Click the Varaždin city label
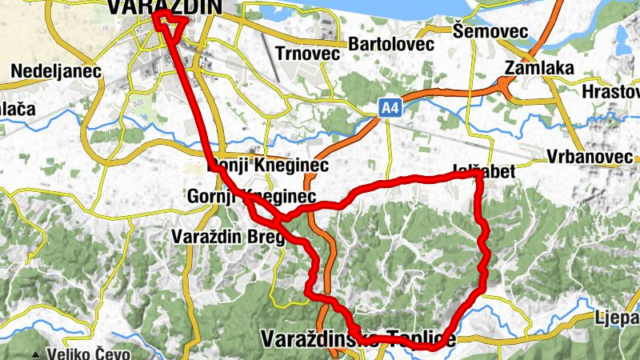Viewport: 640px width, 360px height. click(x=163, y=6)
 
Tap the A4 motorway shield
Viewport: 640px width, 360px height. click(x=390, y=106)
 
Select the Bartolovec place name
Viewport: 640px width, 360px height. click(x=391, y=44)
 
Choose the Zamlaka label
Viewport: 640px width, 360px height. click(x=539, y=68)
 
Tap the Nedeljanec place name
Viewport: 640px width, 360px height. click(x=56, y=71)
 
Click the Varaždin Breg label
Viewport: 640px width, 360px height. click(x=227, y=237)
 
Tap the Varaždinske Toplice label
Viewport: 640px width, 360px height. click(x=358, y=339)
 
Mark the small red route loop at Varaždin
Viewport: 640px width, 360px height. click(x=166, y=22)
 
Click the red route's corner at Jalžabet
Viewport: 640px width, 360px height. click(x=478, y=174)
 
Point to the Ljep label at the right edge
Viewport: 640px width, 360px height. click(x=618, y=318)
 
